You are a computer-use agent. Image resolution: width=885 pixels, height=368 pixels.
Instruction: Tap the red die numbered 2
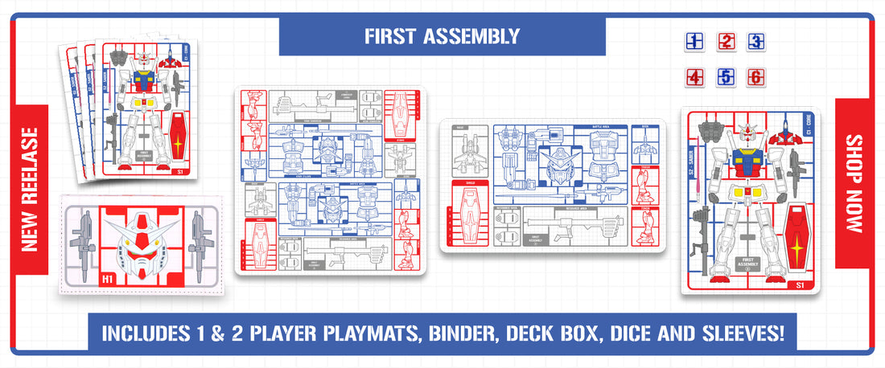pos(726,42)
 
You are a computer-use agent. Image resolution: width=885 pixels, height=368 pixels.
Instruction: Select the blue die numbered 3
pos(756,42)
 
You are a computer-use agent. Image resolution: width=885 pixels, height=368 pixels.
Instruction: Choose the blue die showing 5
pos(726,78)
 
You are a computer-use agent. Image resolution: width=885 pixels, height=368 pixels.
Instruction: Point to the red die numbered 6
pos(756,78)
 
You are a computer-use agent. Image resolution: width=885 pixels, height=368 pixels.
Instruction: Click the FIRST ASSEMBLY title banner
pos(442,35)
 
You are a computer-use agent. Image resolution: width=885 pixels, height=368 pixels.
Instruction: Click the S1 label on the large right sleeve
pos(800,284)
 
